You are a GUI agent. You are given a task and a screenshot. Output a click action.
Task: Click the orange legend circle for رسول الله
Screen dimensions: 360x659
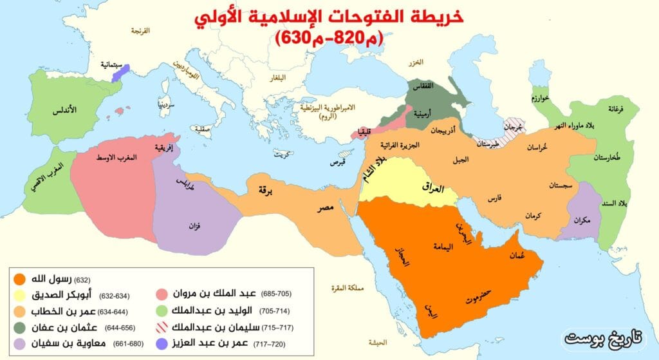pyautogui.click(x=21, y=280)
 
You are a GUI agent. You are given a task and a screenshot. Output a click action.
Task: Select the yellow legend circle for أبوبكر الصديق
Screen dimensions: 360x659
pyautogui.click(x=21, y=296)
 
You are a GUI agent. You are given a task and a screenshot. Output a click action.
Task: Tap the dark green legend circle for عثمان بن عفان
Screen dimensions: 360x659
pyautogui.click(x=21, y=328)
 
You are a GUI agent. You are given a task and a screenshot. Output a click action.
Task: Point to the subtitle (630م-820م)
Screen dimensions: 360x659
pyautogui.click(x=329, y=38)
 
